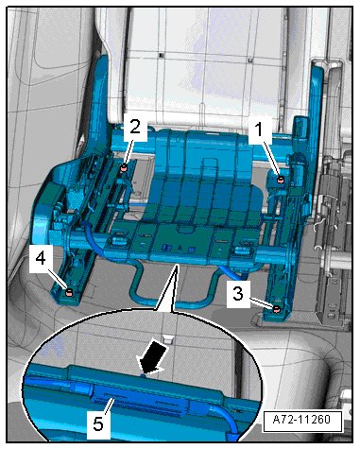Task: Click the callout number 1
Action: (x=259, y=130)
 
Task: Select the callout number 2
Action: (x=135, y=127)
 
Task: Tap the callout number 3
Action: (x=238, y=294)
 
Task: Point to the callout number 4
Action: (x=41, y=259)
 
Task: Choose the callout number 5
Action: (x=98, y=423)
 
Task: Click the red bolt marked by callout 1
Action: (x=280, y=180)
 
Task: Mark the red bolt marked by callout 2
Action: (x=124, y=167)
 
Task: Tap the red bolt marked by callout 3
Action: (x=276, y=309)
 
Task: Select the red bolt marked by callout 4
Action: (x=69, y=292)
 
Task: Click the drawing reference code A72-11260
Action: (x=301, y=420)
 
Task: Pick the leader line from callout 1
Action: (x=270, y=157)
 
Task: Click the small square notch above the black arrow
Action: (x=169, y=339)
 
